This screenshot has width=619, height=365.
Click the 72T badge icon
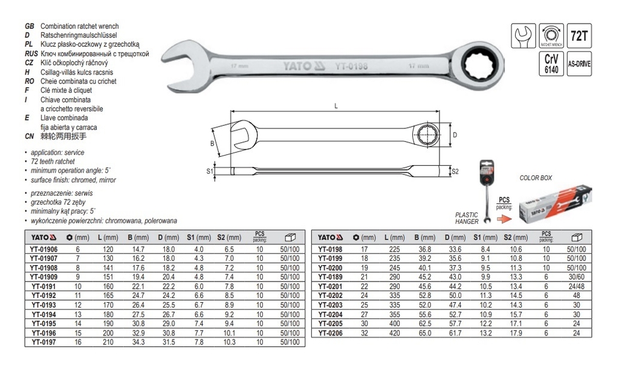[578, 36]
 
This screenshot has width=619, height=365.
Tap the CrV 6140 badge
[550, 63]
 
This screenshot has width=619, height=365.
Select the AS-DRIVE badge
[578, 63]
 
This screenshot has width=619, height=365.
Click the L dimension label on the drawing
[336, 107]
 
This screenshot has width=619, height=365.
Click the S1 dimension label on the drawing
[209, 172]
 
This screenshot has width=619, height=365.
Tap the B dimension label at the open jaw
[212, 143]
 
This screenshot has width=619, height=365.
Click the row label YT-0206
[334, 333]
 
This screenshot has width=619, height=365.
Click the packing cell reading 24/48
[577, 285]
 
